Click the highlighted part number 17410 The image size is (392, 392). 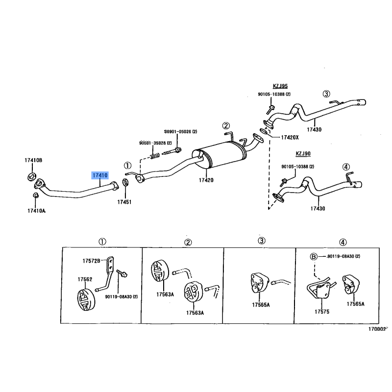coord(100,175)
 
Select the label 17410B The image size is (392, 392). coord(33,160)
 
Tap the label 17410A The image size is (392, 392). coord(36,211)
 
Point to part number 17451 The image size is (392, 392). coord(124,202)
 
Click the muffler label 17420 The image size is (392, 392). coord(206,180)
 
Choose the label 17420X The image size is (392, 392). coord(290,137)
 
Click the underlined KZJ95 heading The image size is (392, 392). coord(280,86)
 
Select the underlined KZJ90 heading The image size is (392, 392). coord(303,153)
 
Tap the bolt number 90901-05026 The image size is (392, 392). coord(180,131)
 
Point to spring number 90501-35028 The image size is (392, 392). coord(155,143)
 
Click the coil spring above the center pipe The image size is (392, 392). coord(155,156)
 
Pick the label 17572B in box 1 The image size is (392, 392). coord(91,261)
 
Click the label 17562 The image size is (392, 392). coord(85,279)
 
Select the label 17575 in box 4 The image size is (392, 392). coord(322,312)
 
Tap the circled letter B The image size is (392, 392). coord(314,256)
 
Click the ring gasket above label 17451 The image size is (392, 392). coord(125,182)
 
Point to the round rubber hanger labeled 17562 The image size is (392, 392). coord(86,299)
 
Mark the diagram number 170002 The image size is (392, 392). coord(377,329)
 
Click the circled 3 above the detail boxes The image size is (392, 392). coord(261,241)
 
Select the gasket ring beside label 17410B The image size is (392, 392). coord(32,176)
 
